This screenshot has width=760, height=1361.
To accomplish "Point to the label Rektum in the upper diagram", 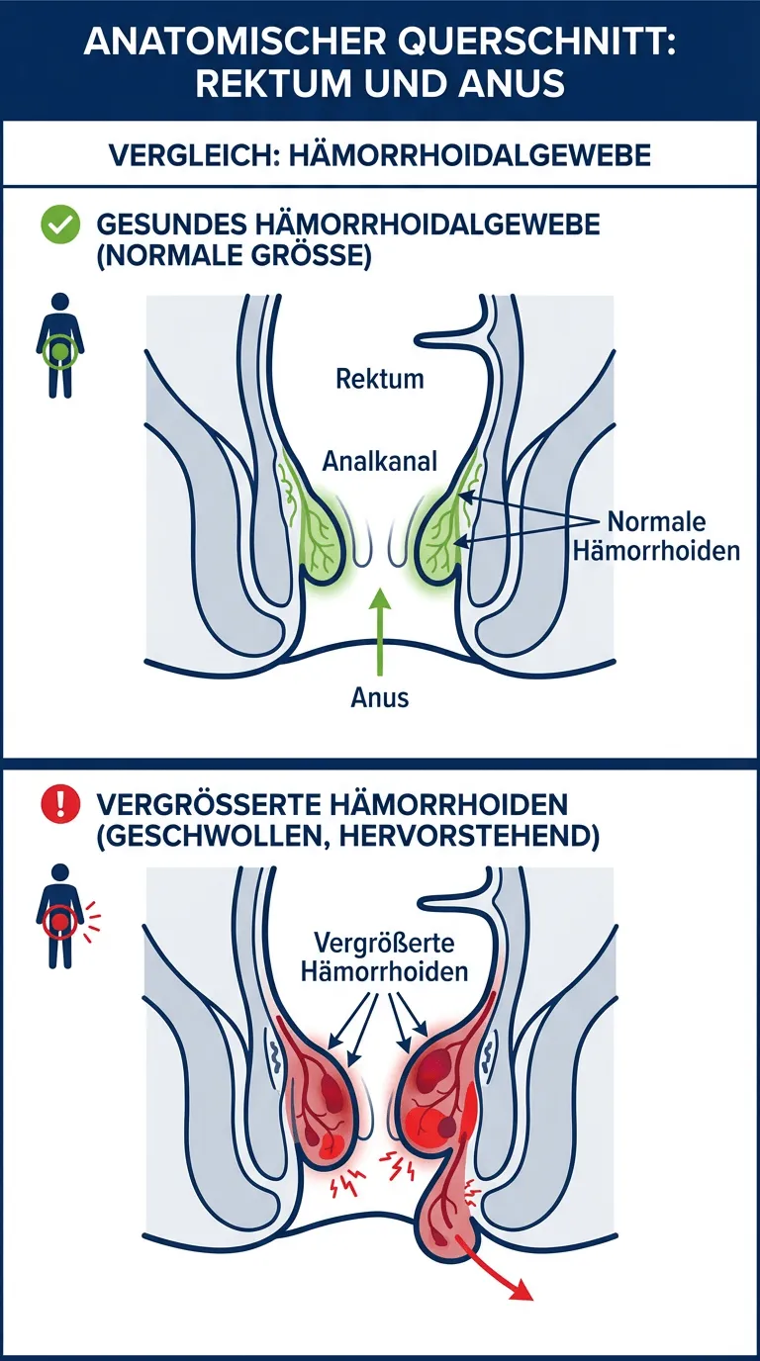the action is coord(379,378).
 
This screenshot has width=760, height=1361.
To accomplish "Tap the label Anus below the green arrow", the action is coord(379,697).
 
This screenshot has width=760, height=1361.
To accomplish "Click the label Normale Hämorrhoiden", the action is coord(656,536).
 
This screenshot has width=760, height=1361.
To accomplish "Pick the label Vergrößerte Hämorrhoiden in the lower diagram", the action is coord(389,954).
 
